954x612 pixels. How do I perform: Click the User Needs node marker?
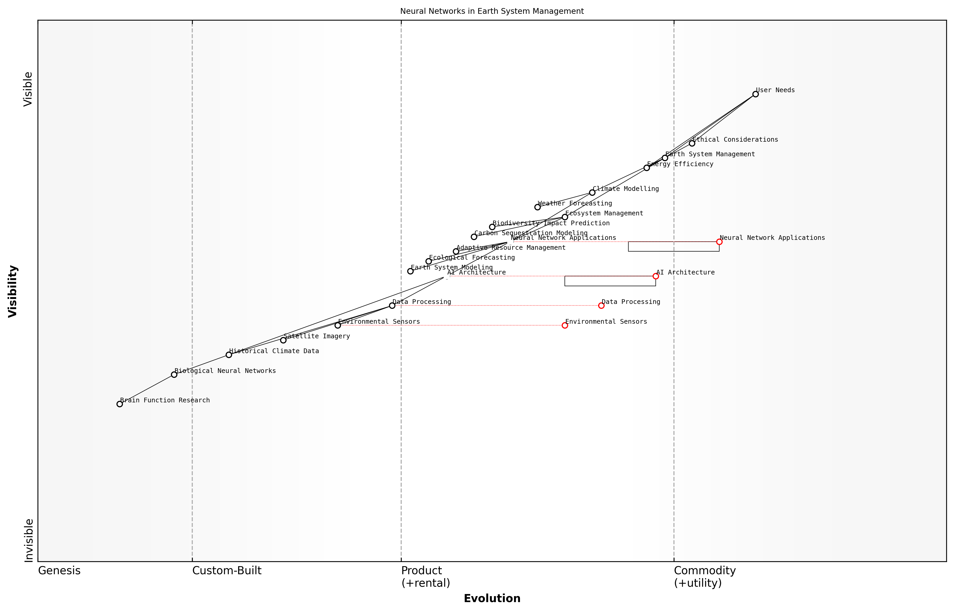click(x=755, y=94)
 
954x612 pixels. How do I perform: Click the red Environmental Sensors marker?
click(x=565, y=326)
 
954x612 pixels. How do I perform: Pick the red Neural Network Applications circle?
click(x=719, y=242)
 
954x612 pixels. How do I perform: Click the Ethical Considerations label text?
click(x=735, y=140)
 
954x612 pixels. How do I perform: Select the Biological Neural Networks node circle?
click(x=174, y=374)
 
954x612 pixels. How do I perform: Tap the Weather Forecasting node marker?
click(x=537, y=207)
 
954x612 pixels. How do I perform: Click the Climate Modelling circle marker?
click(x=592, y=192)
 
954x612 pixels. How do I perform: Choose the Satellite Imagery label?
click(x=317, y=336)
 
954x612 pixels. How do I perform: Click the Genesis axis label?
click(x=59, y=571)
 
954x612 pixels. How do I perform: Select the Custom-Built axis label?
click(x=227, y=571)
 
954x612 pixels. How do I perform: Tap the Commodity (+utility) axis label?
click(x=705, y=577)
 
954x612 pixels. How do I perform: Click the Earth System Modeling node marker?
click(x=410, y=271)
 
